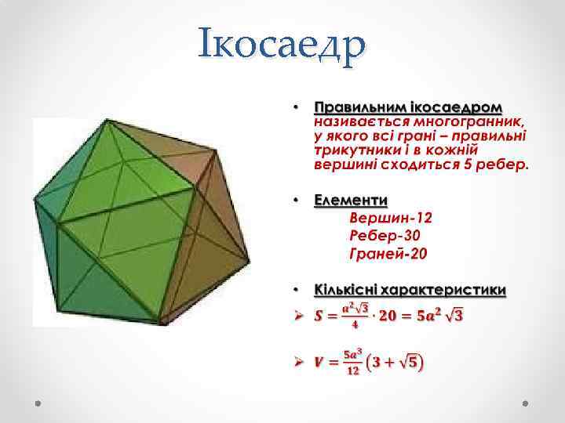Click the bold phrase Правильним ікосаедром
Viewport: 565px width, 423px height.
tap(409, 107)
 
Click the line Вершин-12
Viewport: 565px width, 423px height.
tap(391, 218)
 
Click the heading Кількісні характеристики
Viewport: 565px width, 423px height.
tap(409, 289)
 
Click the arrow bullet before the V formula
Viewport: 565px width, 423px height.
tap(297, 362)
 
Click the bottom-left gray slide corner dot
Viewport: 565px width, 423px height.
tap(38, 402)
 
